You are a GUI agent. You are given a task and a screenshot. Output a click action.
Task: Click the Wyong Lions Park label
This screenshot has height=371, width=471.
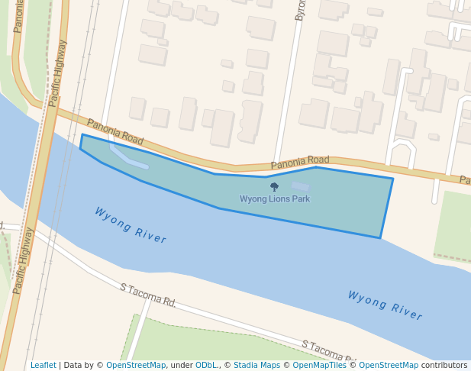click(275, 199)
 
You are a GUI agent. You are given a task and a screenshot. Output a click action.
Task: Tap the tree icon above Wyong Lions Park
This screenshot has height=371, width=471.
click(274, 186)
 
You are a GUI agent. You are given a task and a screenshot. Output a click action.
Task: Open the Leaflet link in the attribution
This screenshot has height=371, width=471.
click(43, 366)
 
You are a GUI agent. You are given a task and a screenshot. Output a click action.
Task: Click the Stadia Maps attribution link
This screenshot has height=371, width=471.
click(256, 366)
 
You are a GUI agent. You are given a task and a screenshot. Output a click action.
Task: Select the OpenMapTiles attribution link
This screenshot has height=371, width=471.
click(320, 366)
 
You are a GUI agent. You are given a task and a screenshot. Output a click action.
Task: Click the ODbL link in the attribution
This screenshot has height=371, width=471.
click(206, 366)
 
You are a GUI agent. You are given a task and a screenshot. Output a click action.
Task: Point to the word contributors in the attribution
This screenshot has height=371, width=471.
click(444, 366)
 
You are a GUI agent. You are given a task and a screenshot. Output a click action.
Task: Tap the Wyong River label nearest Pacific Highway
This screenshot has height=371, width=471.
click(130, 225)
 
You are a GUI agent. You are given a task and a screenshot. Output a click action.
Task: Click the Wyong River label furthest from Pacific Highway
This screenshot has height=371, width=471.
click(385, 305)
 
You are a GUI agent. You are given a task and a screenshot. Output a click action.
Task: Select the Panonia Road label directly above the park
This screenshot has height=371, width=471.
click(300, 163)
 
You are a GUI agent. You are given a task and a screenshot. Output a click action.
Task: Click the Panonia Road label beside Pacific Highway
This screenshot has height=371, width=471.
click(115, 131)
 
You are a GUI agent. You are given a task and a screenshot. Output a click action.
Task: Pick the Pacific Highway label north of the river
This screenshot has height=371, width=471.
click(57, 73)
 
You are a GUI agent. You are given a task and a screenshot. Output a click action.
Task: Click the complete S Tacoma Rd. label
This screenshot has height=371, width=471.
click(148, 295)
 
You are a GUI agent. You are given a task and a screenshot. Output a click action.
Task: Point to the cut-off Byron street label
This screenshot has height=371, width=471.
click(300, 10)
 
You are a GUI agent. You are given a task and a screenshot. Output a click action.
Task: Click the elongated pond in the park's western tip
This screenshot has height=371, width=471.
click(129, 157)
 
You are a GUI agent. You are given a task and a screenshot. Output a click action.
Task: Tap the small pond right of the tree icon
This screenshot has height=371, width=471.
click(301, 186)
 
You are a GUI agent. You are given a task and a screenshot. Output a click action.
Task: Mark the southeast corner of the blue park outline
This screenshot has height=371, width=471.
click(380, 237)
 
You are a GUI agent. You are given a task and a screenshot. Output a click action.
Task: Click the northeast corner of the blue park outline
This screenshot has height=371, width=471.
click(392, 179)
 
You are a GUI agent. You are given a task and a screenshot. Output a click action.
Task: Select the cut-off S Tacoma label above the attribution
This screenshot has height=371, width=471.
click(329, 351)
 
